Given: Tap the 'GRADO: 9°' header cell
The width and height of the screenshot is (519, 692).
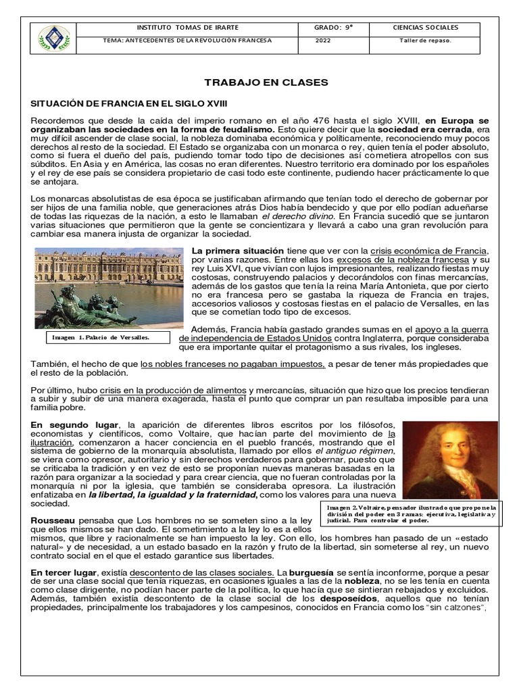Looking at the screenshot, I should (334, 28).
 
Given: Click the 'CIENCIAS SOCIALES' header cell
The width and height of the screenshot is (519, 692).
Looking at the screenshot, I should (425, 28).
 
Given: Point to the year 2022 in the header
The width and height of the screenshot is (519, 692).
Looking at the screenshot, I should (324, 41).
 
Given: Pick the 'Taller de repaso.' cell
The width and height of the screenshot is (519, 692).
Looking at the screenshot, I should (425, 41).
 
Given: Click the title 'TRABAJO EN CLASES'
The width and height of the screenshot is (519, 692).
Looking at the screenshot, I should (256, 82).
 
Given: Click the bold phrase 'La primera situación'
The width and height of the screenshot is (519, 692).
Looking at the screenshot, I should (228, 251).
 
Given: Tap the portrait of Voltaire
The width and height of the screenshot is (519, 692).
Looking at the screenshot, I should (450, 460).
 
